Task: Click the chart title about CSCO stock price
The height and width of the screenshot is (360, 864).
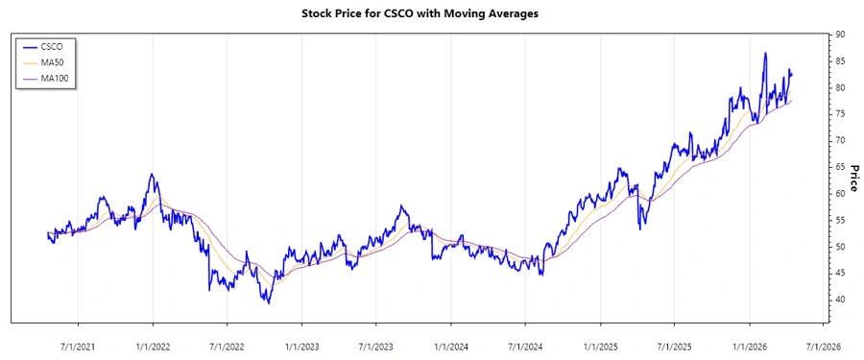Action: [x=432, y=14]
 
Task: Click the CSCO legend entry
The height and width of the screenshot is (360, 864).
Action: [x=54, y=45]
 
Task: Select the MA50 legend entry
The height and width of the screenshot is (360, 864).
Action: [x=54, y=61]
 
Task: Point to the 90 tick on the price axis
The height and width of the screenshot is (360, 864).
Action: [x=839, y=35]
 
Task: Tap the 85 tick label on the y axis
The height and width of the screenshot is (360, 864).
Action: [x=839, y=61]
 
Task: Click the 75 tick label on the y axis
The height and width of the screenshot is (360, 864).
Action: [x=839, y=114]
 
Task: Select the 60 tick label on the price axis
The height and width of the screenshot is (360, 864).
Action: [x=839, y=194]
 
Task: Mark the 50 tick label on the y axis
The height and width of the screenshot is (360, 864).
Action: [x=839, y=247]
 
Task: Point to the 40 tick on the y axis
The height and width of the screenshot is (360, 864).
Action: [x=839, y=300]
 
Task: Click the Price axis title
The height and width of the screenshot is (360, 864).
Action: [x=853, y=178]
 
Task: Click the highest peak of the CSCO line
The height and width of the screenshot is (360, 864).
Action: [x=765, y=53]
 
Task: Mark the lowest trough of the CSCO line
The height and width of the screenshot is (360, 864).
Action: [x=268, y=303]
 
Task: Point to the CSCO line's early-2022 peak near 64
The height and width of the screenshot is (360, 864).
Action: [x=151, y=174]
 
